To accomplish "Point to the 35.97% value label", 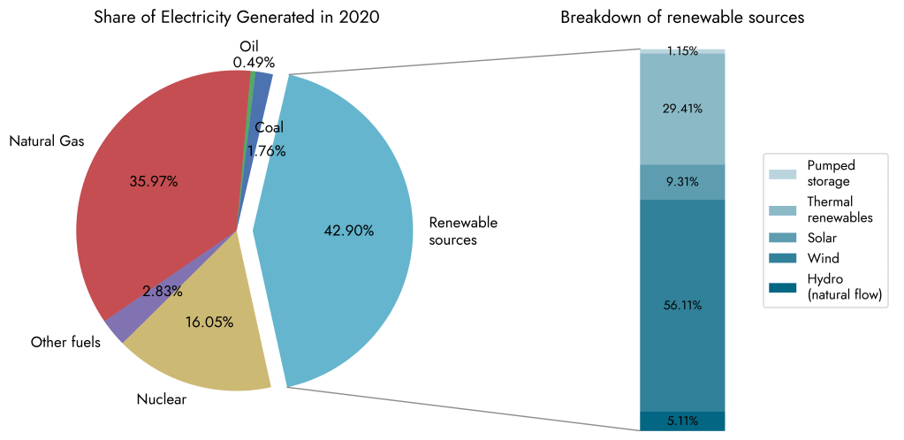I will point(154,182).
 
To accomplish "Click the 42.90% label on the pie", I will point(350,231).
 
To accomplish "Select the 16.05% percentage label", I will point(209,322).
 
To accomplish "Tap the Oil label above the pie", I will point(249,46).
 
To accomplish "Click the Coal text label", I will point(269,127).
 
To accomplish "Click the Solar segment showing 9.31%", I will point(681,182).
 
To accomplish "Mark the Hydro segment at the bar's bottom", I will point(681,421).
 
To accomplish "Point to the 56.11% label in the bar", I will point(681,306).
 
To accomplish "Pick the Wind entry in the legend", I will point(823,259).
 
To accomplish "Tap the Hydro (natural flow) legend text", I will point(845,288).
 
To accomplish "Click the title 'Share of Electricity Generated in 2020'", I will point(237,18).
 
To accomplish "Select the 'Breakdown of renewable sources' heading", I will point(682,18).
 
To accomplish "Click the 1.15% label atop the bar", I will point(681,51).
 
